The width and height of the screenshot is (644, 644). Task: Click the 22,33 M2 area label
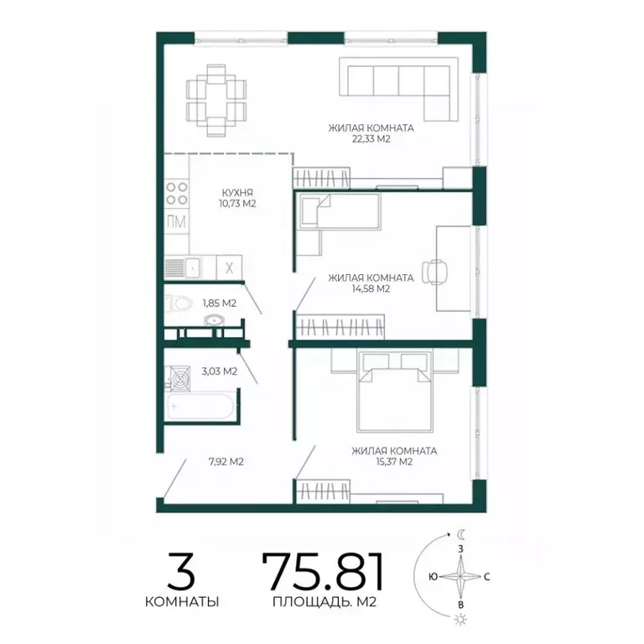click(371, 139)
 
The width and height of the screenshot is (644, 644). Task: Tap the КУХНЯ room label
click(237, 192)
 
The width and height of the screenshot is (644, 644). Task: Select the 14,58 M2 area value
click(371, 288)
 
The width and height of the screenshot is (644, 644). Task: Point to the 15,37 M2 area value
click(394, 462)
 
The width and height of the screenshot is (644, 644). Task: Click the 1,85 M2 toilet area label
click(220, 303)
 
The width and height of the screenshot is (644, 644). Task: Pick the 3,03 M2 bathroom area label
click(220, 371)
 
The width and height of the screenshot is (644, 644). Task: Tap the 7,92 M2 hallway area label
click(226, 462)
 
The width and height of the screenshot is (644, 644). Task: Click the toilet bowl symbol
click(179, 304)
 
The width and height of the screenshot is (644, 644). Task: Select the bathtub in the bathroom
click(200, 407)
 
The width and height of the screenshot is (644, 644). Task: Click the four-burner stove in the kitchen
click(177, 194)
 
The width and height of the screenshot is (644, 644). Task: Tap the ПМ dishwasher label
click(177, 221)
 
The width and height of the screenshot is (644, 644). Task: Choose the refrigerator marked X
click(229, 267)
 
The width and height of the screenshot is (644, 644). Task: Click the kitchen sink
click(183, 268)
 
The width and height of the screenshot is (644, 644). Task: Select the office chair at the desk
click(434, 272)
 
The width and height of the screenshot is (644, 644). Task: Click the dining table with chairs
click(216, 101)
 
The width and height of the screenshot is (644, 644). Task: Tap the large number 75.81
click(323, 571)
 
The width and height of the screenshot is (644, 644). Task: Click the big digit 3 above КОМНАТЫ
click(181, 571)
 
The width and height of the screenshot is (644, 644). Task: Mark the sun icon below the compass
click(461, 620)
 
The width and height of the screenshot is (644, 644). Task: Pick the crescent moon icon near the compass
click(462, 534)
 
